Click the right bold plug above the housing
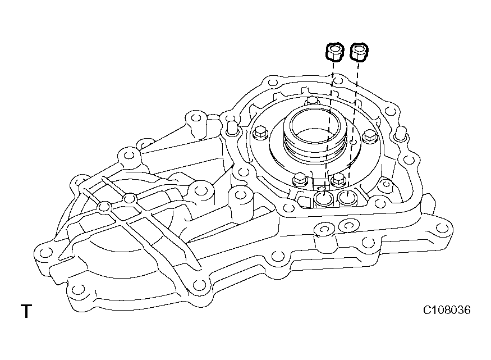[358, 52]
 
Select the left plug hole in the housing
[324, 199]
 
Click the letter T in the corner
[26, 312]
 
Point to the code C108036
[447, 310]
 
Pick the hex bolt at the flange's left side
[259, 134]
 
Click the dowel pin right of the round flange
[400, 134]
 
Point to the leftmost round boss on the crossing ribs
[103, 208]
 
